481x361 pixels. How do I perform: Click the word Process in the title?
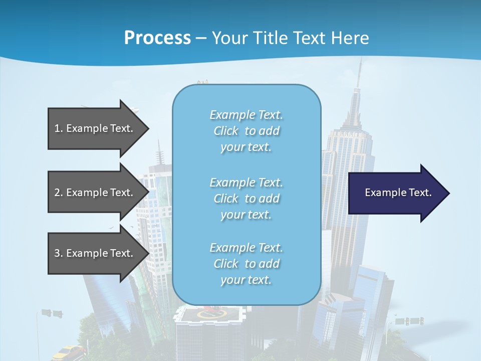point(157,38)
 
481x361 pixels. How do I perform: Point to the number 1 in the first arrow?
point(57,128)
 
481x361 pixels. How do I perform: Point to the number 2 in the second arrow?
point(57,193)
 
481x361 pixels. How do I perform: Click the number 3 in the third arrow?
point(57,253)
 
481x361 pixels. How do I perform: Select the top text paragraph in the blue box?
point(246,131)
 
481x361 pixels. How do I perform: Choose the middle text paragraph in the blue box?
point(246,199)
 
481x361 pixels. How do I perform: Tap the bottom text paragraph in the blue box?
point(246,264)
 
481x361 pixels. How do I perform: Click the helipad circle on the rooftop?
point(211,314)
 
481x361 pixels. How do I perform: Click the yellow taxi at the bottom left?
point(65,351)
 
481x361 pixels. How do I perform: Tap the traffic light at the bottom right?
point(409,320)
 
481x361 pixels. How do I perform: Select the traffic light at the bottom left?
point(52,313)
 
